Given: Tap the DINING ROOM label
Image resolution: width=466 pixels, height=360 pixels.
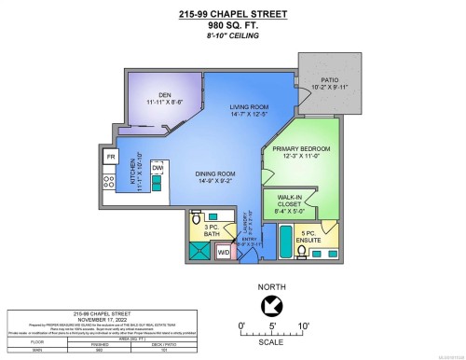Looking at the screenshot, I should pos(213,172).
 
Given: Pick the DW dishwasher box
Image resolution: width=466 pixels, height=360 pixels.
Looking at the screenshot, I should pos(157,168).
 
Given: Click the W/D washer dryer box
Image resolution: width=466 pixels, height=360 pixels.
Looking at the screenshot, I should pos(224,251).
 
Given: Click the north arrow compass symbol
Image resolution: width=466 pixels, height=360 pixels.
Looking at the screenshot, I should pos(272,305).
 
